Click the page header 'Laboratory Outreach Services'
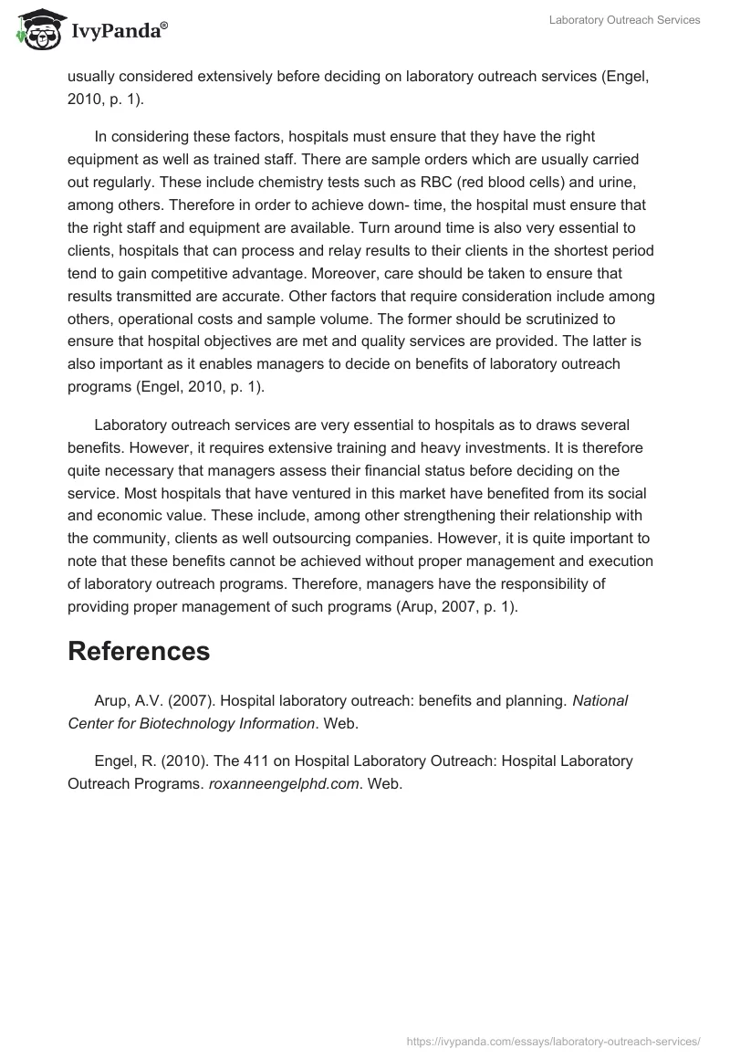coord(624,20)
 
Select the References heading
coord(139,651)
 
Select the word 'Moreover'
coord(412,273)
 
